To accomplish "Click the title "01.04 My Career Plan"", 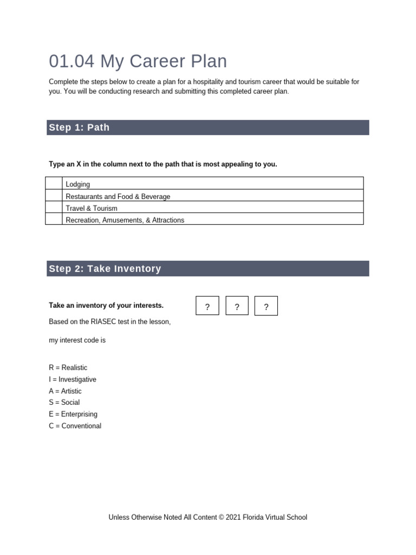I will tap(138, 61).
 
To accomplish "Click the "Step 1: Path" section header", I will tap(79, 127).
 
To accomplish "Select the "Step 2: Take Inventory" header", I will tap(105, 269).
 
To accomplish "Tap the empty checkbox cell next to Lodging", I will tap(54, 184).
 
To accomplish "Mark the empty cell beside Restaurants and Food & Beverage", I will tap(54, 196).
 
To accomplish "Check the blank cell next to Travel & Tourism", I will tap(54, 208).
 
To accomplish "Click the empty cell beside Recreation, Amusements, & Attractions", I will tap(54, 219).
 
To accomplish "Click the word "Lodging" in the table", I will tap(78, 184).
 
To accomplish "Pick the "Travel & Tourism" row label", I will tap(92, 208).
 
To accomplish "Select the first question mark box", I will tap(207, 306).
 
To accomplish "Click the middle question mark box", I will tap(237, 306).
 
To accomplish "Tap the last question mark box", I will tap(266, 306).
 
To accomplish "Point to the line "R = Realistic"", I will tap(68, 367).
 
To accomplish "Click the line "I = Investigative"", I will tap(73, 379).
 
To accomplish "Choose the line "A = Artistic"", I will tap(65, 391).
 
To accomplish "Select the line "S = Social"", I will tap(64, 402).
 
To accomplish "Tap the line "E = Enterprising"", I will tap(73, 414).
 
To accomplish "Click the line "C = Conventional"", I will tap(75, 426).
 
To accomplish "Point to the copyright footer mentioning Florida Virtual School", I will tap(207, 518).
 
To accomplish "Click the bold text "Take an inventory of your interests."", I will tap(106, 306).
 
